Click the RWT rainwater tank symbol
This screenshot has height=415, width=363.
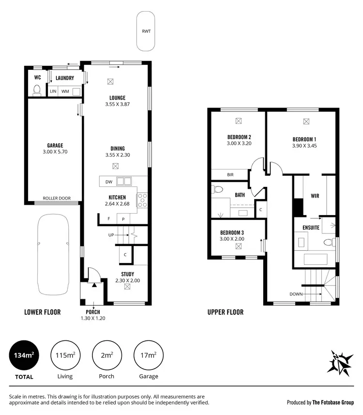tap(146, 31)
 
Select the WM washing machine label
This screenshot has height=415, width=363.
tap(65, 91)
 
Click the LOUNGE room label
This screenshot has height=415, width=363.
tap(117, 97)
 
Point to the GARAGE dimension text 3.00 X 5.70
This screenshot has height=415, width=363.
tap(55, 152)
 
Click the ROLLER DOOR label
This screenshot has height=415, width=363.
tap(56, 198)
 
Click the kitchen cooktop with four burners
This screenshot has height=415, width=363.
tap(142, 200)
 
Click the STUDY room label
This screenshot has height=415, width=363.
tap(127, 274)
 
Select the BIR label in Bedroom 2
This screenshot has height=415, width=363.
tap(230, 175)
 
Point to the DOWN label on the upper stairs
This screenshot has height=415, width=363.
tap(296, 294)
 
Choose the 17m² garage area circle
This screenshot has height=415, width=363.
tap(149, 355)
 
